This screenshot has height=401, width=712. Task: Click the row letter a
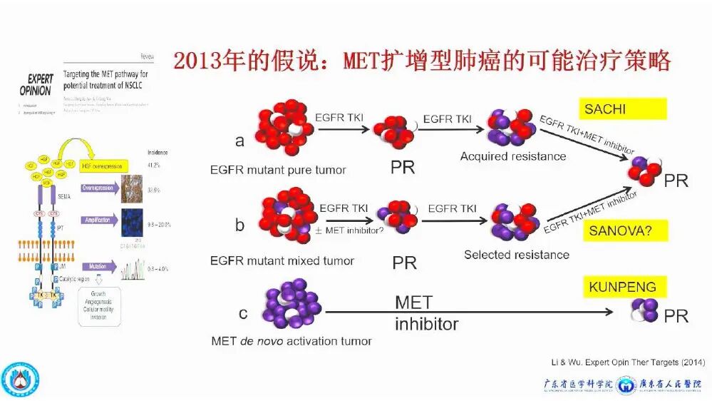[x=239, y=141]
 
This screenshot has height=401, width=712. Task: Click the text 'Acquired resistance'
[x=512, y=156]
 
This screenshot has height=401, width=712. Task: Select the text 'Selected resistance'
[x=516, y=255]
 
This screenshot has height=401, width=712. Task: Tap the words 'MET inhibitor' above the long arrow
[x=426, y=313]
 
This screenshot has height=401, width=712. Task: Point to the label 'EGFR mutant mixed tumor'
[x=282, y=260]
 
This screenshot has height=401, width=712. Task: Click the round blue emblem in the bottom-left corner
[x=20, y=379]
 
